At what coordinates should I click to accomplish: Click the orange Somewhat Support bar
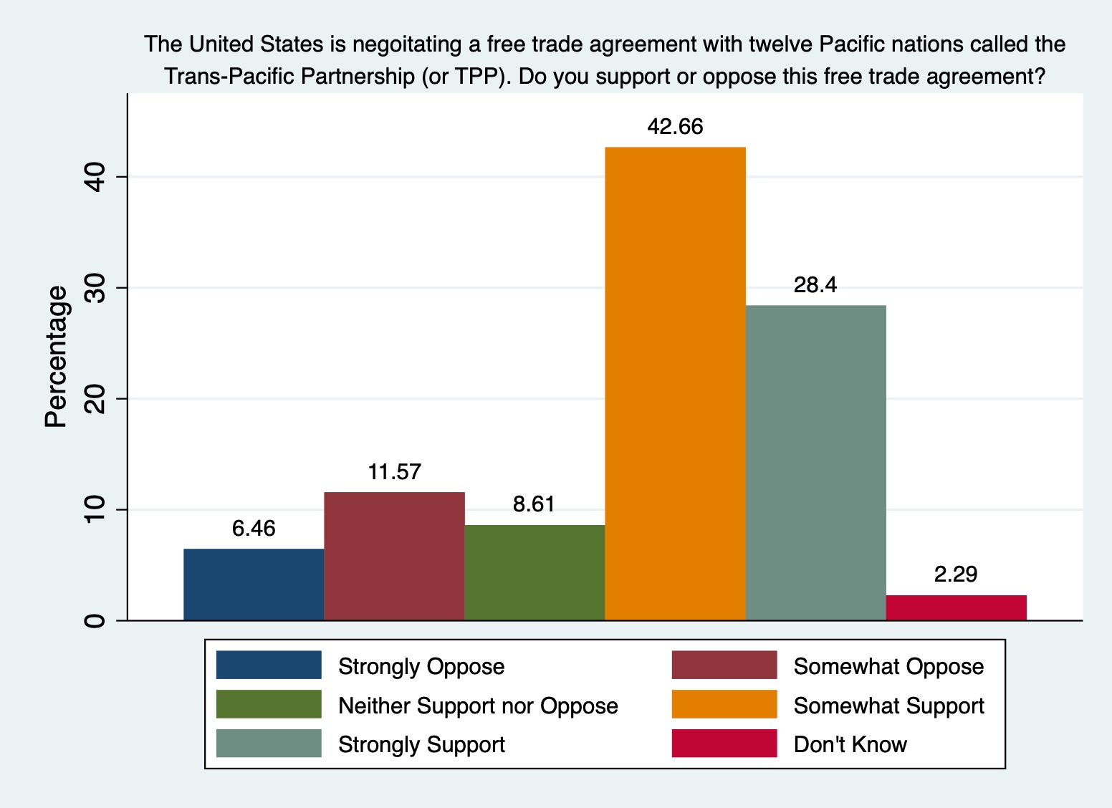pyautogui.click(x=675, y=383)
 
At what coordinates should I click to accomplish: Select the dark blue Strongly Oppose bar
pyautogui.click(x=254, y=584)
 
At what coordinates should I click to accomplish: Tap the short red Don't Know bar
pyautogui.click(x=956, y=607)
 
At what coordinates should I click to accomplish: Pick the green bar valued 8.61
pyautogui.click(x=535, y=572)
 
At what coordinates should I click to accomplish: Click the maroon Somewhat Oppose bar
pyautogui.click(x=394, y=556)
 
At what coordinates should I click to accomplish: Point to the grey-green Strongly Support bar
pyautogui.click(x=815, y=462)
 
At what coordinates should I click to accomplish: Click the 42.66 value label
pyautogui.click(x=675, y=127)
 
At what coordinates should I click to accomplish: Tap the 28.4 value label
pyautogui.click(x=815, y=285)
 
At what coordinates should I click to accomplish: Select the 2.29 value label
pyautogui.click(x=956, y=574)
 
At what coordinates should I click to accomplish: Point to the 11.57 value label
pyautogui.click(x=394, y=472)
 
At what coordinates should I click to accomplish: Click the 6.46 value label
pyautogui.click(x=254, y=529)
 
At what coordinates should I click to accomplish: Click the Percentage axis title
pyautogui.click(x=56, y=356)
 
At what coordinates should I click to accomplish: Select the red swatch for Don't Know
pyautogui.click(x=724, y=744)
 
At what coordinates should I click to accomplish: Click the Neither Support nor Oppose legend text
pyautogui.click(x=478, y=706)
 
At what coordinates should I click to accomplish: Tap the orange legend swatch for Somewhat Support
pyautogui.click(x=724, y=704)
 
